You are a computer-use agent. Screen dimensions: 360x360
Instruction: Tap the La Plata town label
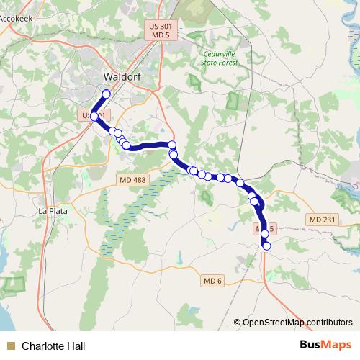pyautogui.click(x=51, y=212)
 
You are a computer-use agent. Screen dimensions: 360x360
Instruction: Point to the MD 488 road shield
pyautogui.click(x=134, y=188)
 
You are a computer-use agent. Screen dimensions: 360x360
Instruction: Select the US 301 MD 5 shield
pyautogui.click(x=161, y=30)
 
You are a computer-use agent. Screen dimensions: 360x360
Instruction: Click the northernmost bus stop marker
pyautogui.click(x=107, y=94)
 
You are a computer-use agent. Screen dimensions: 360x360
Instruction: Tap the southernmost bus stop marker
pyautogui.click(x=266, y=246)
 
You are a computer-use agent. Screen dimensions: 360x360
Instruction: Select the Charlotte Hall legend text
pyautogui.click(x=53, y=346)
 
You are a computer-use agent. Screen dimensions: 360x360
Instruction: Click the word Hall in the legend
pyautogui.click(x=76, y=346)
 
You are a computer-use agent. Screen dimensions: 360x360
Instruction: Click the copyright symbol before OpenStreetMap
pyautogui.click(x=238, y=322)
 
